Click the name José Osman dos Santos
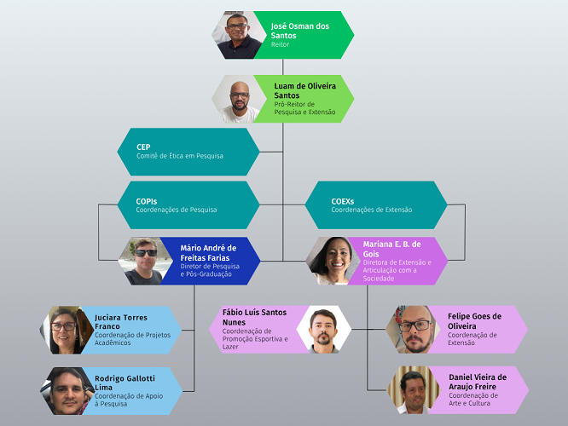[x=300, y=31]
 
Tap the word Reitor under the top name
[x=280, y=44]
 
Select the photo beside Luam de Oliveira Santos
[x=239, y=99]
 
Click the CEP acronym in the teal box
[x=143, y=147]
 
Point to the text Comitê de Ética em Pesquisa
[x=180, y=156]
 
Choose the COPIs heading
[x=147, y=201]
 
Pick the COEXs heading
[x=342, y=201]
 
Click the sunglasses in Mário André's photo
[x=146, y=253]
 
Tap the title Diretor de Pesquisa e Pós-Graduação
[x=210, y=270]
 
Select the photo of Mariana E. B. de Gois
[x=333, y=261]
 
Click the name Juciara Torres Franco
[x=121, y=322]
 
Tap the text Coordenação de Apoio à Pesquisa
[x=129, y=400]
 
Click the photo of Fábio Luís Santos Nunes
[x=324, y=330]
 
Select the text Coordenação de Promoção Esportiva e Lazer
[x=255, y=339]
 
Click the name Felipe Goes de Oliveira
[x=474, y=321]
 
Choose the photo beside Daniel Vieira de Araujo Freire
[x=414, y=390]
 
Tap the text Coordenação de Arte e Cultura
[x=473, y=400]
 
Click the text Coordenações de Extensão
[x=372, y=210]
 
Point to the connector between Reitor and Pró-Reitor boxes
[x=282, y=67]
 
